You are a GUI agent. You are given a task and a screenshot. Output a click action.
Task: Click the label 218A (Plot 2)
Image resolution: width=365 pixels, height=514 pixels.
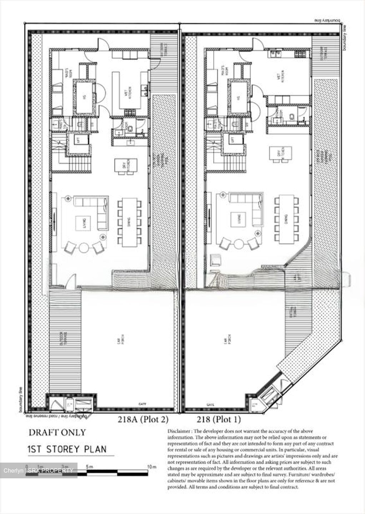coord(143,419)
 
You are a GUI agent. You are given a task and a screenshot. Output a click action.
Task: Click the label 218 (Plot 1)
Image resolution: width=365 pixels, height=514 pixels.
coord(219,419)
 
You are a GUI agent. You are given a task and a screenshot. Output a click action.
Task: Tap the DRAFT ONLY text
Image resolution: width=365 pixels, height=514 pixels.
coord(57,432)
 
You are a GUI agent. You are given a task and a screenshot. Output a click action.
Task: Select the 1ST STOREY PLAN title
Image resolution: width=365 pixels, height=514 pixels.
coord(67,449)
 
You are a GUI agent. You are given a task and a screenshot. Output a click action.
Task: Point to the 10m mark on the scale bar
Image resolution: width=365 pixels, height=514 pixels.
coord(152,467)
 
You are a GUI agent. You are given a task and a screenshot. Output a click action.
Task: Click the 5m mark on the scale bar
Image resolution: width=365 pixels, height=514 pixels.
coord(89,467)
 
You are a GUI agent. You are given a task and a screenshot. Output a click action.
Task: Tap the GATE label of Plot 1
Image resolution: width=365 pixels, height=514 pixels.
coord(210,405)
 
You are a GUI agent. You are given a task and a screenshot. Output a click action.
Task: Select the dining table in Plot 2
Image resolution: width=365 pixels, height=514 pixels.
coord(129,222)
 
